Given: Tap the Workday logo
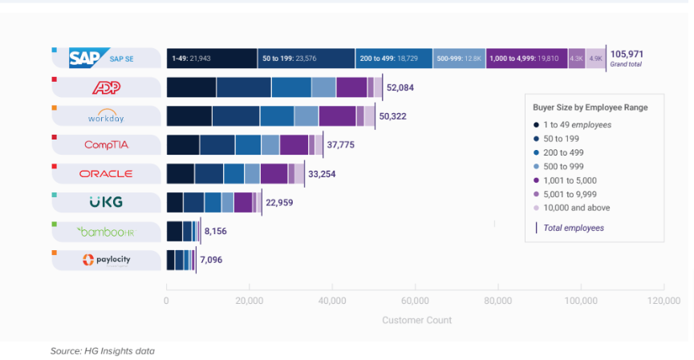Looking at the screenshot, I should (107, 116).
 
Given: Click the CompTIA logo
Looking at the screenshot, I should (107, 145).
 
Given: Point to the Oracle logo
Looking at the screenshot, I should (106, 174).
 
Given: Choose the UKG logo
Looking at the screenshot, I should (106, 202).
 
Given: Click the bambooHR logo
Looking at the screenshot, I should (106, 232).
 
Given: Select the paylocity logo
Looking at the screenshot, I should (106, 261).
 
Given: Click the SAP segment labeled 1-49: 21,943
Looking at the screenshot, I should (212, 59).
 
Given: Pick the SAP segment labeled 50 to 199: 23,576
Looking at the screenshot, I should (306, 59).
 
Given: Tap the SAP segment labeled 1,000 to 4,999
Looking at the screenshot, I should (526, 59).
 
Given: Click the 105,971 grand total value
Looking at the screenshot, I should (626, 55).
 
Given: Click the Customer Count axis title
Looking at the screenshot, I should (416, 320).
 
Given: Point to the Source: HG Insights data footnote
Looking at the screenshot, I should (102, 351).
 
